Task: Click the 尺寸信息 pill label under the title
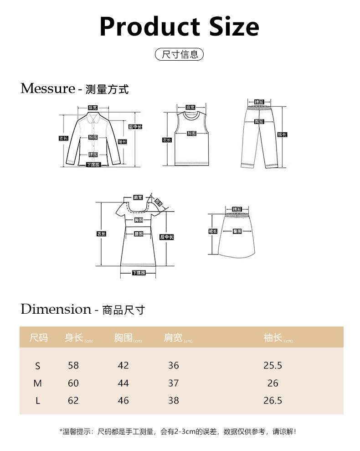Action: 180,55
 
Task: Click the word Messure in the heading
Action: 47,88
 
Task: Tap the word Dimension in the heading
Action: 56,309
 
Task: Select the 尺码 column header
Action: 38,338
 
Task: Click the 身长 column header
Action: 74,338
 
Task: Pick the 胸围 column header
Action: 123,338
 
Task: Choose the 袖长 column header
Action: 273,338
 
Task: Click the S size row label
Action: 38,366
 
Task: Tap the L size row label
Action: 38,401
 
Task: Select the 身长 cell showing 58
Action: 73,365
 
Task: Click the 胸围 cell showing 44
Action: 123,383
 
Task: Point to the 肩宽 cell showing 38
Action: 173,400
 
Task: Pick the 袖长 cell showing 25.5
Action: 273,365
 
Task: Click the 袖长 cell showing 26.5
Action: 273,400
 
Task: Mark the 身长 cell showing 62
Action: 73,400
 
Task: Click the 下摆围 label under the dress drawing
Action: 139,273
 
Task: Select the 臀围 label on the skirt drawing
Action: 237,231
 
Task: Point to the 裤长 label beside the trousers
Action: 282,135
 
